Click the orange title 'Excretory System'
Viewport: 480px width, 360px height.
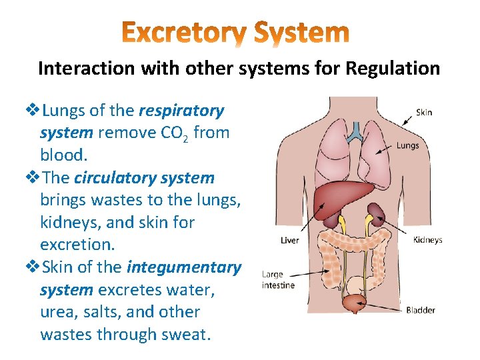[236, 32]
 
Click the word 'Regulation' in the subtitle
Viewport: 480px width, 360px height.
[398, 68]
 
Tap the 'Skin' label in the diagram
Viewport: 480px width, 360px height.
[424, 113]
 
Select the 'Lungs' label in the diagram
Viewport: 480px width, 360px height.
[407, 145]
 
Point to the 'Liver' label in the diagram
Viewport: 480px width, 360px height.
[289, 240]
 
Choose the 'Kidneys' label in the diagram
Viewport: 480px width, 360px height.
[427, 240]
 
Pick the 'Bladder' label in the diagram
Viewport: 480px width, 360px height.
[420, 309]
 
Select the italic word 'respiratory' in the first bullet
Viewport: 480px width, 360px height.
[181, 110]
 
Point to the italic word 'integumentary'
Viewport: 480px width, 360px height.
[184, 267]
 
